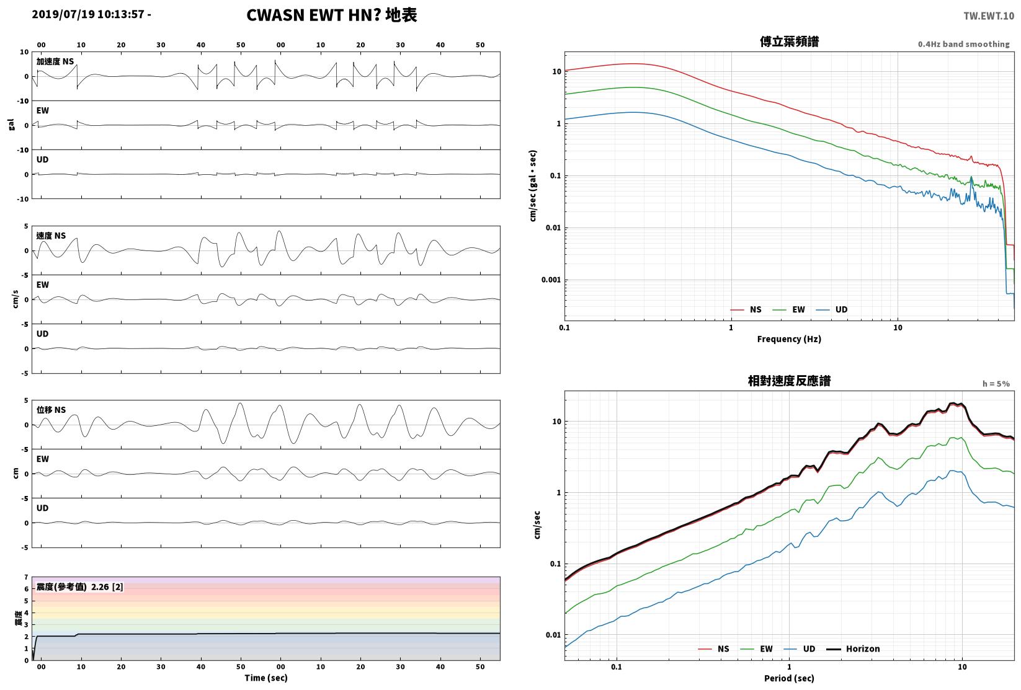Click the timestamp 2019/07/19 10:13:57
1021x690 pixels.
[88, 14]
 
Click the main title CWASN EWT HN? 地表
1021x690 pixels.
[331, 15]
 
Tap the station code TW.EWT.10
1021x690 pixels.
[989, 16]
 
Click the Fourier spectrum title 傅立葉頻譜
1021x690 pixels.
[789, 42]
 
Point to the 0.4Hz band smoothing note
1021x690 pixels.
[963, 44]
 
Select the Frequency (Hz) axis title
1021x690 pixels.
[789, 339]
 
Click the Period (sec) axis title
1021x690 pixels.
[789, 678]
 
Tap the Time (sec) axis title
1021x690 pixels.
[265, 678]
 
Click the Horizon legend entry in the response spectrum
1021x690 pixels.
[853, 648]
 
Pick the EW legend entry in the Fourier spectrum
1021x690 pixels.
[789, 310]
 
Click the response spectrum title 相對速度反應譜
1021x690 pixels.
[789, 381]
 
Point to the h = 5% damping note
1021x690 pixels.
[996, 384]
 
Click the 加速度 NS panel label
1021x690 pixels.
[55, 61]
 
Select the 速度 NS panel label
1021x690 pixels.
[51, 236]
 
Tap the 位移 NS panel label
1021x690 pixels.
[51, 410]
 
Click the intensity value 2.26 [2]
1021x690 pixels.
[107, 586]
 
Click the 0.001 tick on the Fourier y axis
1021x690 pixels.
[551, 280]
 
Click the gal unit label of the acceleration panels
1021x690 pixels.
[11, 125]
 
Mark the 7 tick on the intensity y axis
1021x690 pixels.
[27, 577]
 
